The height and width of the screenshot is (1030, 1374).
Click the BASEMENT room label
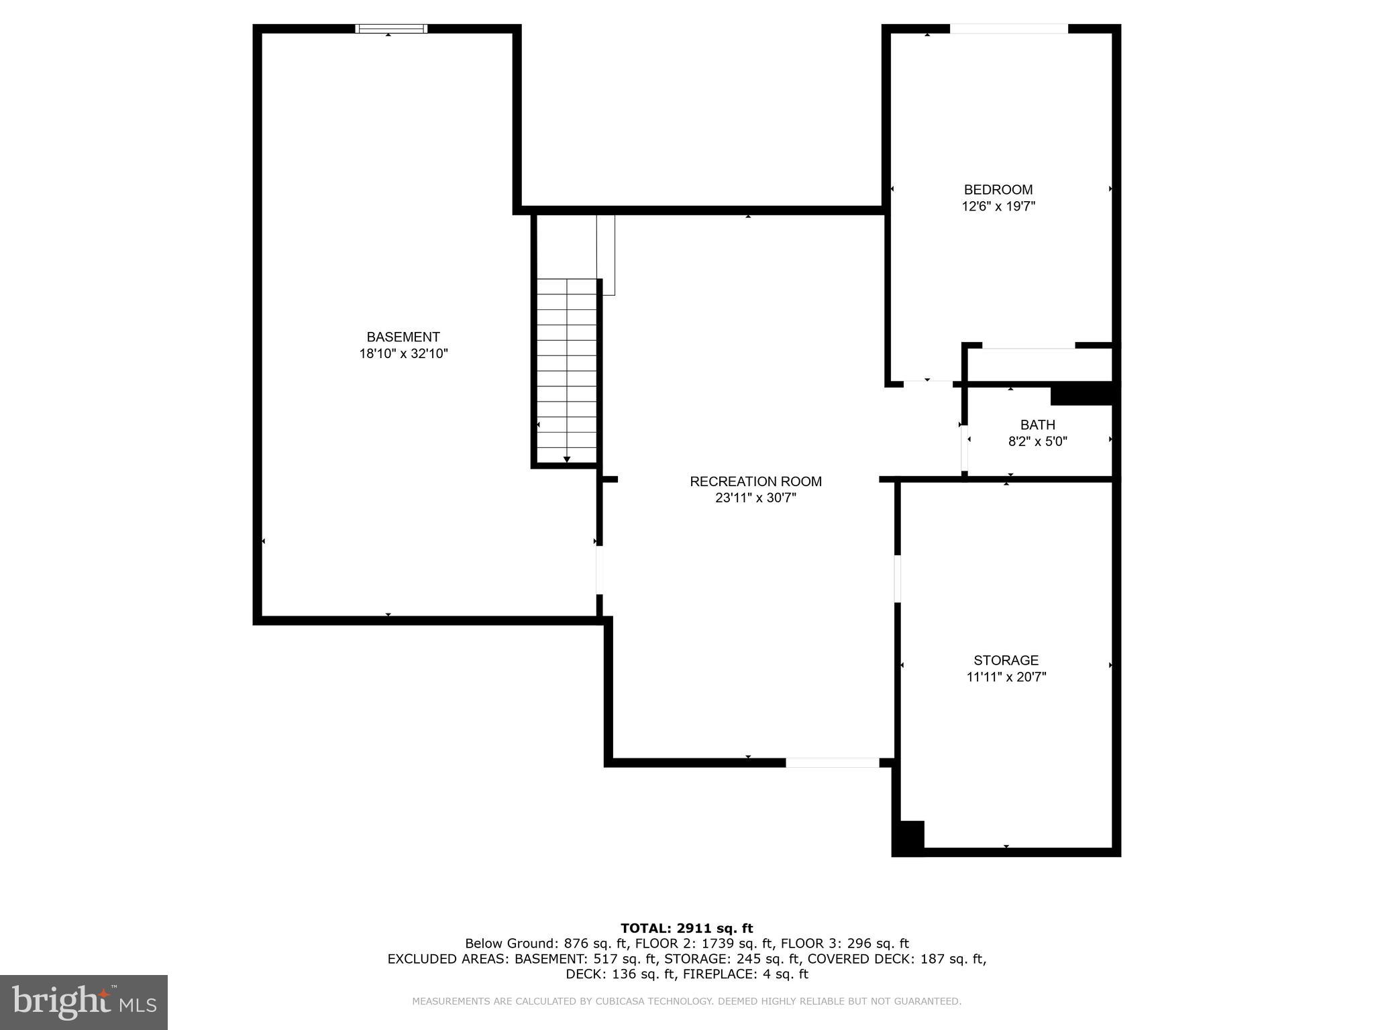pyautogui.click(x=403, y=337)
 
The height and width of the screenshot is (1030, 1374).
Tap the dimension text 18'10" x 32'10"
pyautogui.click(x=403, y=354)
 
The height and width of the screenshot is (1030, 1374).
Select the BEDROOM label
pyautogui.click(x=998, y=190)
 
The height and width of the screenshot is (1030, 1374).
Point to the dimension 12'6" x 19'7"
pyautogui.click(x=998, y=207)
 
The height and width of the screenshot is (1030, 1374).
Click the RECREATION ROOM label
pyautogui.click(x=755, y=481)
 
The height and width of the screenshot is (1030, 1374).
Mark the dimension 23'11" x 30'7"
pyautogui.click(x=755, y=498)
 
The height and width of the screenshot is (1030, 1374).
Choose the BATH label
pyautogui.click(x=1037, y=425)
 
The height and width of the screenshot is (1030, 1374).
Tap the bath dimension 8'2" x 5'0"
pyautogui.click(x=1037, y=442)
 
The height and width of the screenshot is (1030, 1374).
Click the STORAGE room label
pyautogui.click(x=1006, y=661)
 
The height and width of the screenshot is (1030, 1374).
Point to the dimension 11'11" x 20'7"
pyautogui.click(x=1006, y=677)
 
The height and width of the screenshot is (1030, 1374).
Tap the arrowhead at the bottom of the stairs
pyautogui.click(x=567, y=459)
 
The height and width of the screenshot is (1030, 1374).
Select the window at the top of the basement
pyautogui.click(x=391, y=28)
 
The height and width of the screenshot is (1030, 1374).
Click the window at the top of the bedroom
pyautogui.click(x=1008, y=29)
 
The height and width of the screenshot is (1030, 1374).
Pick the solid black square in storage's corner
pyautogui.click(x=908, y=838)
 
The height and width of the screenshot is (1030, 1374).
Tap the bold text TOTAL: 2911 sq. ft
pyautogui.click(x=686, y=928)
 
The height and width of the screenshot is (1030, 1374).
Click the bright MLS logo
pyautogui.click(x=83, y=1002)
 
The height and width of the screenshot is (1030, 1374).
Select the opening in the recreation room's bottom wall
pyautogui.click(x=832, y=762)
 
